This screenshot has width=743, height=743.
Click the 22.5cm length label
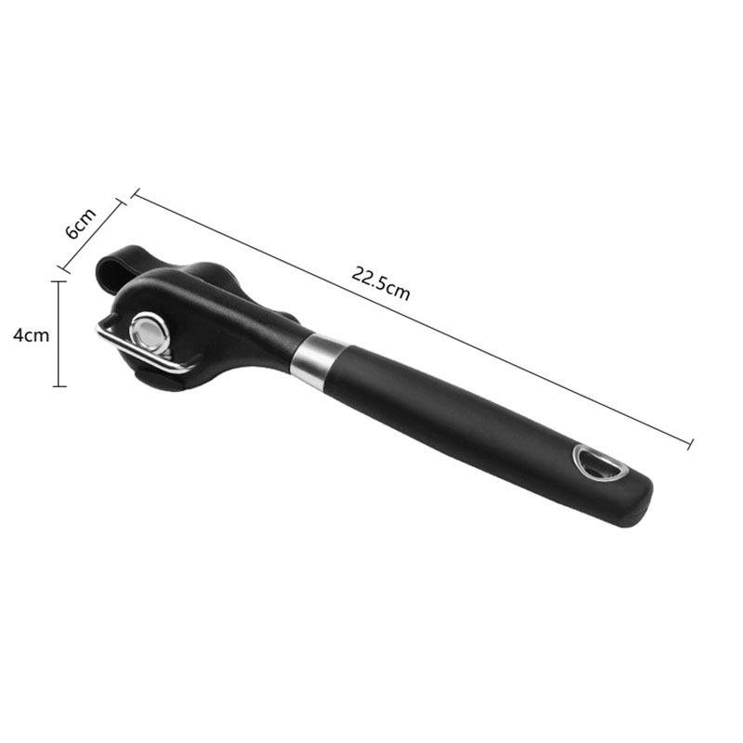[381, 281]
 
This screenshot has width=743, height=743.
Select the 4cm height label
[32, 334]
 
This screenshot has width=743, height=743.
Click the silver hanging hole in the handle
[594, 462]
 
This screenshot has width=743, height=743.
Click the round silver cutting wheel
[149, 329]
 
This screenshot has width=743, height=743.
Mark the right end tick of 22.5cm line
[692, 444]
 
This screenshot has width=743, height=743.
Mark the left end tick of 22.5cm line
[134, 194]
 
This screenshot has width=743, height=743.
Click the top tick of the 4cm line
[60, 280]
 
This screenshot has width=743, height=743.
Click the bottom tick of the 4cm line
[60, 385]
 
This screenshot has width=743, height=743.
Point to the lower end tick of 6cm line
[64, 270]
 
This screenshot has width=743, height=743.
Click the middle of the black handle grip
[464, 418]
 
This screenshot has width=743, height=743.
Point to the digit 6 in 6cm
[74, 231]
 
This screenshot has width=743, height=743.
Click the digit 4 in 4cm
[19, 335]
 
